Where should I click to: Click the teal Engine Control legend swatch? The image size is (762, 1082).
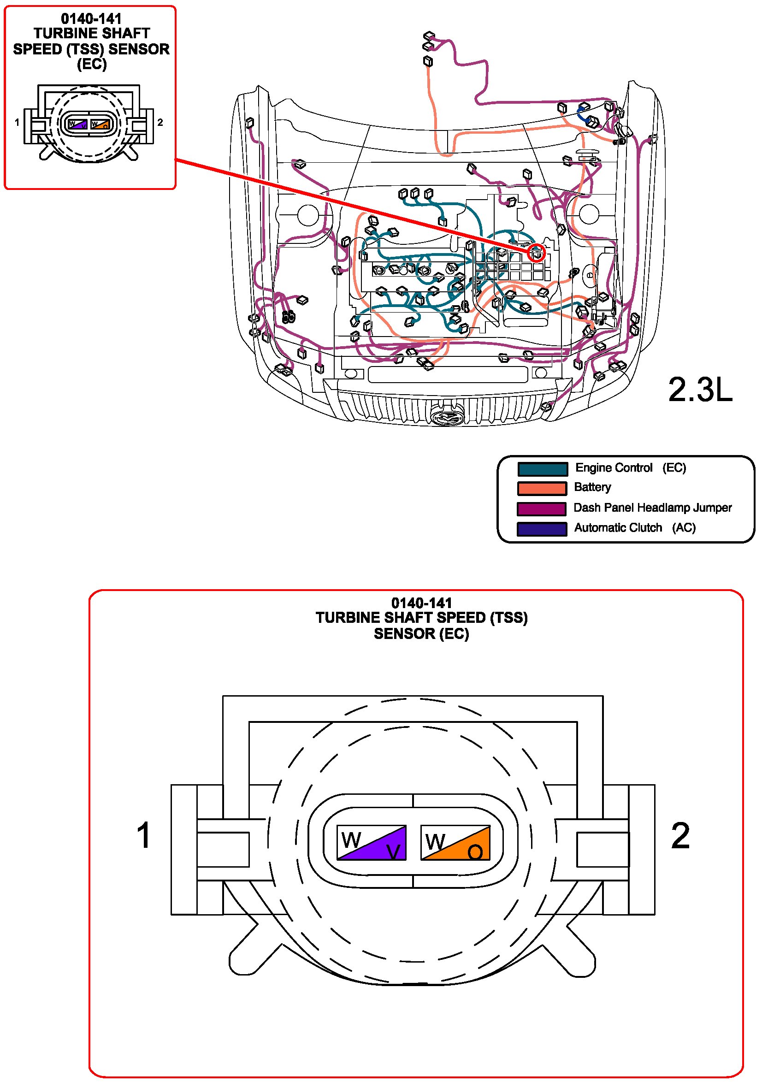coord(542,469)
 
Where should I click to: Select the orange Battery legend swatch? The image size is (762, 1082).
coord(542,489)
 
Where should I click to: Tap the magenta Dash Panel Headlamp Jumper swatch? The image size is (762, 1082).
coord(541,509)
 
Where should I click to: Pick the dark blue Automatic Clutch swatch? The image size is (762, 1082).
coord(541,529)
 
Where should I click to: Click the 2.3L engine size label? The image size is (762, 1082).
coord(700,390)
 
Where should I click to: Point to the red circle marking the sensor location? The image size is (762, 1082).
coord(536,253)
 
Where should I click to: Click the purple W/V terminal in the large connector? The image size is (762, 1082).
coord(372,842)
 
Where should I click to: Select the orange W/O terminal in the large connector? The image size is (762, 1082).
coord(455,842)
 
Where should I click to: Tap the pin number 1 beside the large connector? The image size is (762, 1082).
coord(143,835)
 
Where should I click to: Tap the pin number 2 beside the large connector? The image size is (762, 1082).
coord(680,835)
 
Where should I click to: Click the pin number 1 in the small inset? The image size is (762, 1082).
coord(17,123)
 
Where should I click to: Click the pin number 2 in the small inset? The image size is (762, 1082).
coord(160,123)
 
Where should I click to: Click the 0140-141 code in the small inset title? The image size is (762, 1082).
coord(91,19)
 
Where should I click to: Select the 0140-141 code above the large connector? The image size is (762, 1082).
coord(421,603)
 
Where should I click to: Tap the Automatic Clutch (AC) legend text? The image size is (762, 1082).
coord(634,528)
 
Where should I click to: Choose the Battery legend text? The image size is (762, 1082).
coord(592,487)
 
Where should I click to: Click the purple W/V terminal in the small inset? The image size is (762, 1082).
coord(78,124)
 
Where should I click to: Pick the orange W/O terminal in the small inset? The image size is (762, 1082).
coord(100,124)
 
